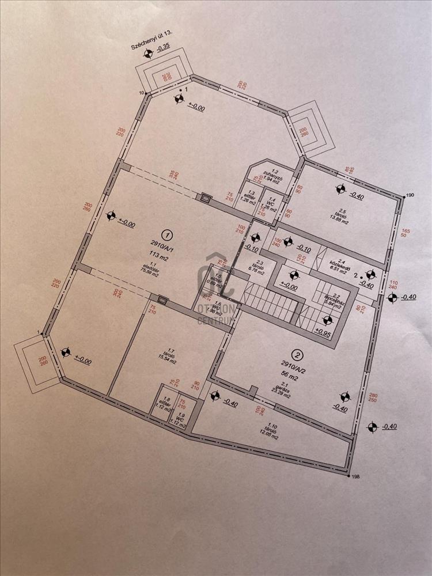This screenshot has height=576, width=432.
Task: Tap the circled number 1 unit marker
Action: pyautogui.click(x=167, y=234)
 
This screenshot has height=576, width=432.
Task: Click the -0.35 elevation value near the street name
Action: pyautogui.click(x=166, y=54)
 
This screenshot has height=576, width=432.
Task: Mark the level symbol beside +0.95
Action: pyautogui.click(x=328, y=320)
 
